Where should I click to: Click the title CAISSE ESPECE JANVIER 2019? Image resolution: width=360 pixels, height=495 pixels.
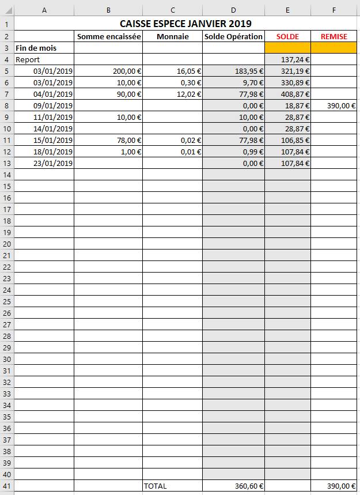point(185,24)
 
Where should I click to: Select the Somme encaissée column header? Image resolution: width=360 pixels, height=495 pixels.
point(109,36)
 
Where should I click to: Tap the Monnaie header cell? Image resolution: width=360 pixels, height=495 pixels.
point(172,36)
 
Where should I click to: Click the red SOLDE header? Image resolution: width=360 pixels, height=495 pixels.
point(287,36)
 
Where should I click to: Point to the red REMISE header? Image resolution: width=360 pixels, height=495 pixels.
point(334,36)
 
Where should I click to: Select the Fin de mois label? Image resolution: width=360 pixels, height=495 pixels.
point(36,48)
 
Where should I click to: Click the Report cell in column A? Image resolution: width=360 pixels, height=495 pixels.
point(28,59)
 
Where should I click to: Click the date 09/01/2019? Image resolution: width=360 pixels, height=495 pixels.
point(53,105)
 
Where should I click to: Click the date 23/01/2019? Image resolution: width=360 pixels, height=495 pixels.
point(53,163)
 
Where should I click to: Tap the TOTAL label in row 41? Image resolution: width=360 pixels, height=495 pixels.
point(156,486)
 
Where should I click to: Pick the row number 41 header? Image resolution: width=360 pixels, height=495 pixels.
point(6,486)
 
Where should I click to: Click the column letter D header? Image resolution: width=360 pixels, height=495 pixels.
point(233,9)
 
